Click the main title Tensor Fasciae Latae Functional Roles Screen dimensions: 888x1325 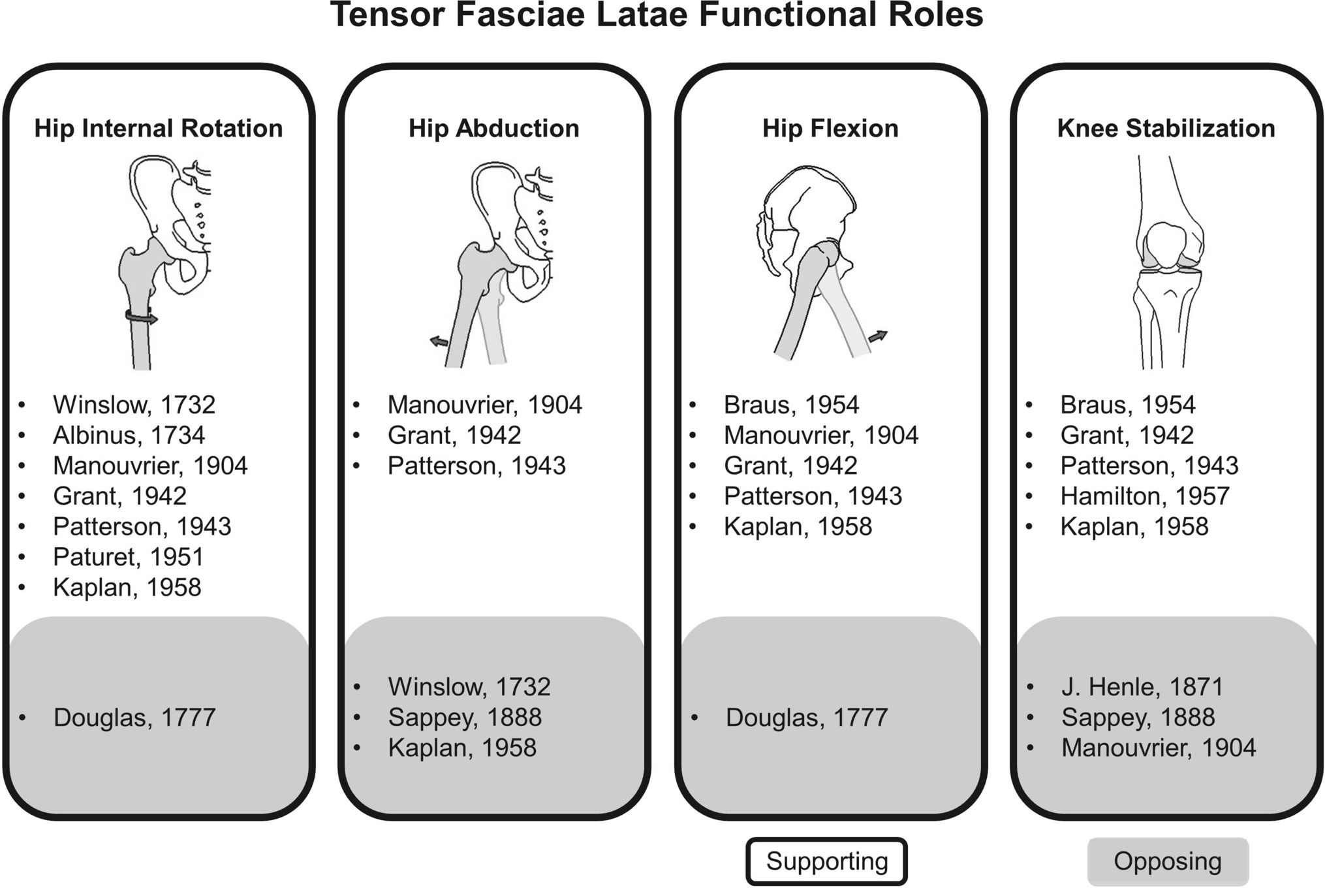click(x=656, y=16)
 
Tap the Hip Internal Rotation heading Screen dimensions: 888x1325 click(x=159, y=128)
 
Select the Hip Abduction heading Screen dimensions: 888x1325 click(x=494, y=128)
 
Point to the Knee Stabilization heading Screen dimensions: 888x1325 click(x=1166, y=128)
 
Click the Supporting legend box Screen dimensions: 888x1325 click(x=826, y=861)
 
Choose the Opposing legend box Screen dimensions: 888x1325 click(x=1168, y=861)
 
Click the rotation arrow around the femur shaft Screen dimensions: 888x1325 click(x=142, y=317)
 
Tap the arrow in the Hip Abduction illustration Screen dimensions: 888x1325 click(x=439, y=341)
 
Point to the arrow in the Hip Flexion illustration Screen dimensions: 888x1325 click(x=878, y=336)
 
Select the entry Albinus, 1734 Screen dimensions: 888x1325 click(x=129, y=436)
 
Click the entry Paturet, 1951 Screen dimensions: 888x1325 click(x=128, y=557)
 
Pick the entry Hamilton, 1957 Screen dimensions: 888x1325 click(x=1144, y=496)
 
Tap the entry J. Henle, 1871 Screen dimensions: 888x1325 click(x=1142, y=687)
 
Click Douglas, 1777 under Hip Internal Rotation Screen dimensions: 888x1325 click(x=134, y=718)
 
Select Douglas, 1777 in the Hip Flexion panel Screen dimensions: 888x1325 click(x=806, y=718)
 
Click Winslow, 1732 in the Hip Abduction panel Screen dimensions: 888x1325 click(x=469, y=687)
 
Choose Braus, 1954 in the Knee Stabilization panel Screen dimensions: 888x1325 click(x=1127, y=405)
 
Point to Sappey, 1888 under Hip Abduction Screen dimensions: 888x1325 click(x=465, y=718)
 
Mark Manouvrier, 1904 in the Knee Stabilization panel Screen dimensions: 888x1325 click(x=1159, y=748)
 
